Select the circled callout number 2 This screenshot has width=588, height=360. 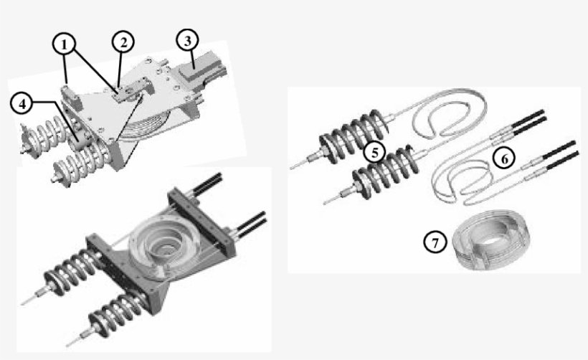point(123,42)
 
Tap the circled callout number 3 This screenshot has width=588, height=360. point(188,40)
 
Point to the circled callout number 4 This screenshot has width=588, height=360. point(23,103)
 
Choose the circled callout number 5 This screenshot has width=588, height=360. point(374,151)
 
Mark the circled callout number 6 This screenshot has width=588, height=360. point(504,159)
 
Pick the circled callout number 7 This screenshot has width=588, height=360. point(434,242)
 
